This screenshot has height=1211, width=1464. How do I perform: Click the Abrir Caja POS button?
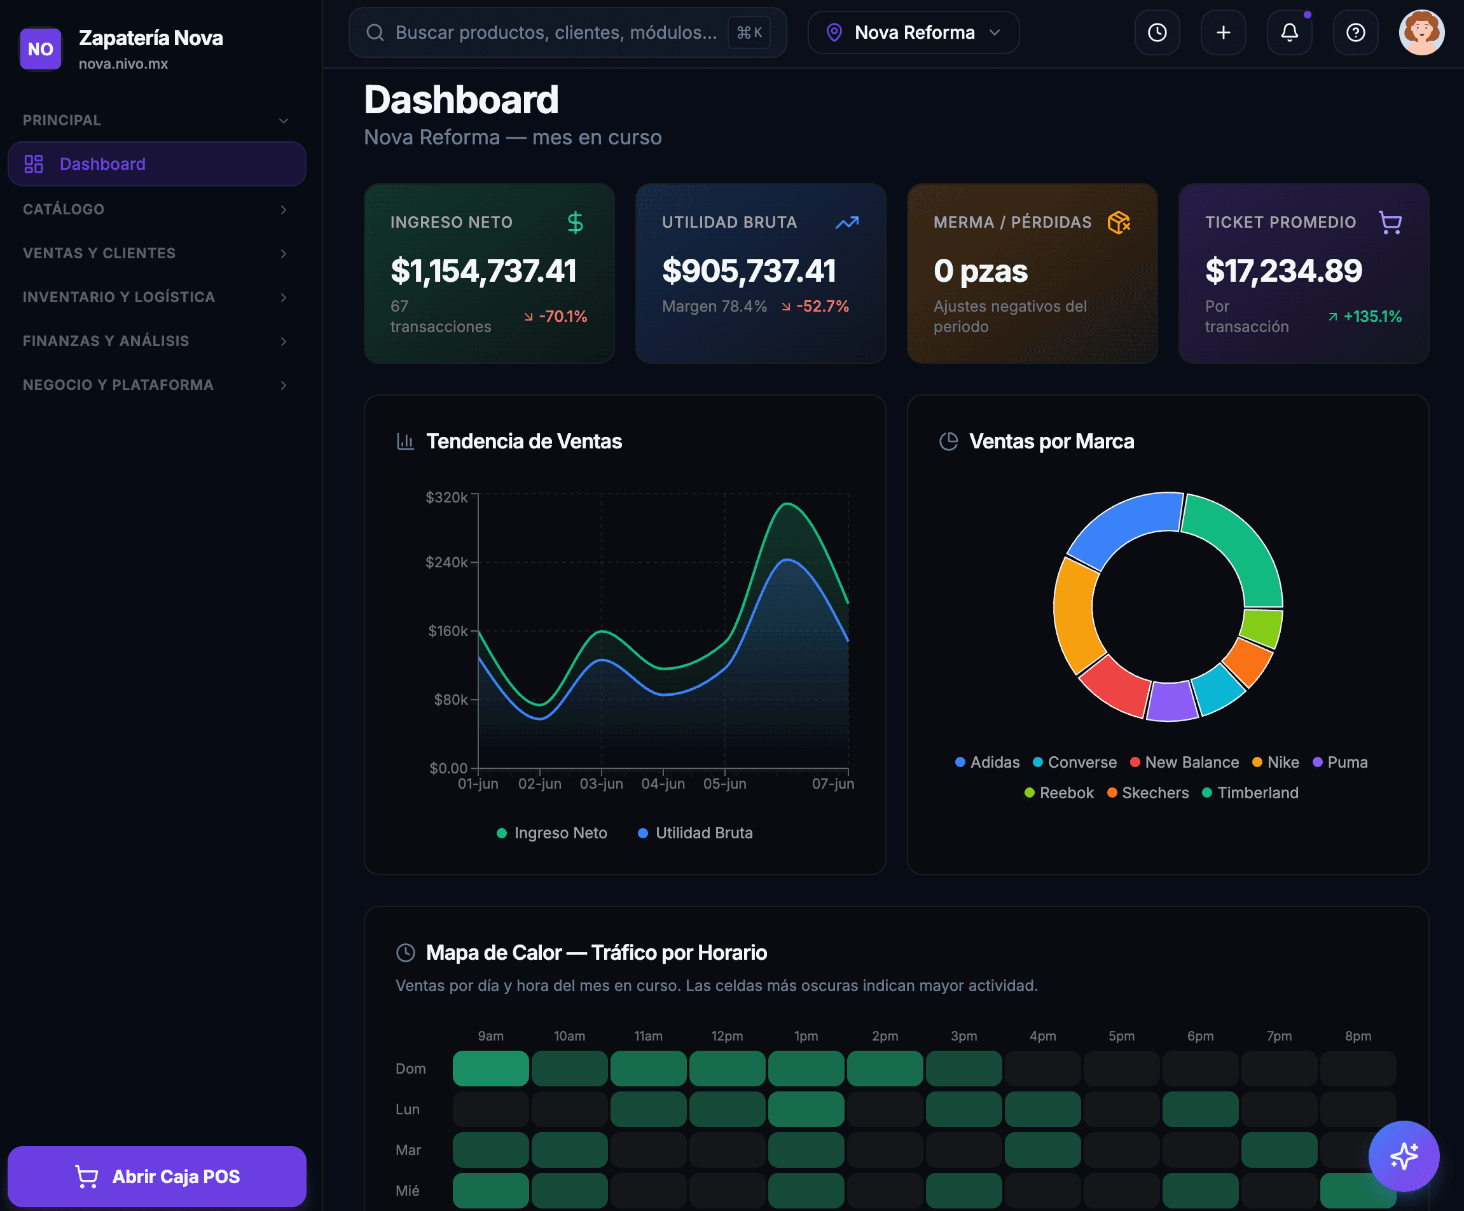point(157,1176)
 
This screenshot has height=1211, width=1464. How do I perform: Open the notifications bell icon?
point(1289,33)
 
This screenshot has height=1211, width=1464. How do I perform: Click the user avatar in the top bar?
point(1421,33)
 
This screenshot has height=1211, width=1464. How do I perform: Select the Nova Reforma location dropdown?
point(913,33)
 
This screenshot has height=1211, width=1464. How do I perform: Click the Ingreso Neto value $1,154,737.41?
point(483,270)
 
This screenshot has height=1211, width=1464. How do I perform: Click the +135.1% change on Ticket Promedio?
point(1364,317)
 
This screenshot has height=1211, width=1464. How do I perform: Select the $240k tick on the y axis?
point(446,562)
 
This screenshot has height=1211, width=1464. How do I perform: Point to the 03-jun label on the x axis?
point(602,784)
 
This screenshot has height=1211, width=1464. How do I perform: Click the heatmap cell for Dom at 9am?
point(491,1068)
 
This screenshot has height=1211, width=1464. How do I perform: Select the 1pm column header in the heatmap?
point(806,1036)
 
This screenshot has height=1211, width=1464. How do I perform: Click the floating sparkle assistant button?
point(1404,1156)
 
